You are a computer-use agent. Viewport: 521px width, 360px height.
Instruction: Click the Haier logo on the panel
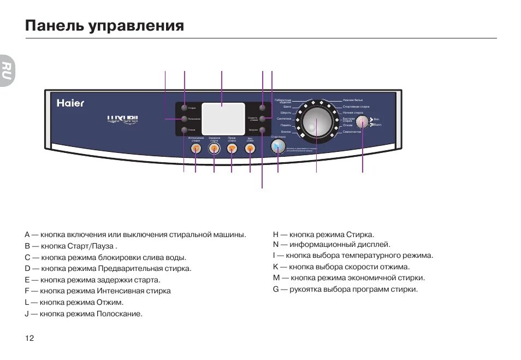coord(70,103)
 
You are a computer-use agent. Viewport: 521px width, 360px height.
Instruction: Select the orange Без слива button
coord(250,149)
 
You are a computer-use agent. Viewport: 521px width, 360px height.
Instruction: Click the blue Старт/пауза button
coord(278,146)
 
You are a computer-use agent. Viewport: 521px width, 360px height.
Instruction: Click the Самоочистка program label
coord(352,132)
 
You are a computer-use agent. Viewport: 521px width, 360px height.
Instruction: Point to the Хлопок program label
coord(286,132)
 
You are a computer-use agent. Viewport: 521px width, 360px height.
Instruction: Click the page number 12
coord(29,338)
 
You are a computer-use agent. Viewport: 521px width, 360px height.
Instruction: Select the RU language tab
coord(6,70)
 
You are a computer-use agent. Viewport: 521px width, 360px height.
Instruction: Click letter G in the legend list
coord(276,290)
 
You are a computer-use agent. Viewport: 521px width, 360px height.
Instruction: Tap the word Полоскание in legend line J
coord(119,314)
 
